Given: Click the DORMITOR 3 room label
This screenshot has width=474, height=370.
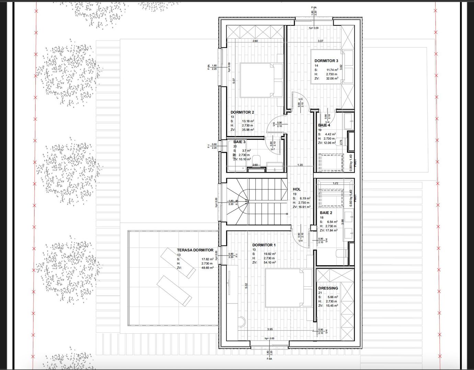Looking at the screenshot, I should pyautogui.click(x=326, y=61).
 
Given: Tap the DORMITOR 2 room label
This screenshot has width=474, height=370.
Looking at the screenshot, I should pyautogui.click(x=242, y=112).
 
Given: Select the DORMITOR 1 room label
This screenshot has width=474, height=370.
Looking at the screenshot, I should pyautogui.click(x=264, y=245).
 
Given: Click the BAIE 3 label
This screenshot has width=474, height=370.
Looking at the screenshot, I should pyautogui.click(x=239, y=142).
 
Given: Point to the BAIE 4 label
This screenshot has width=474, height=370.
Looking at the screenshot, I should pyautogui.click(x=324, y=125).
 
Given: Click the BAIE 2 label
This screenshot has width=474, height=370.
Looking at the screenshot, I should pyautogui.click(x=326, y=213).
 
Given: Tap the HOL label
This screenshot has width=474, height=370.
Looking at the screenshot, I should pyautogui.click(x=297, y=189).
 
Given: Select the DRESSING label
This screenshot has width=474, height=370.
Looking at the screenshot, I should pyautogui.click(x=328, y=288).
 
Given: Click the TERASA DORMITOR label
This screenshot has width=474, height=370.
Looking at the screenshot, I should pyautogui.click(x=195, y=250).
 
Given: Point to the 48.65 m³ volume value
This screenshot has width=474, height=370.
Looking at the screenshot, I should pyautogui.click(x=207, y=268).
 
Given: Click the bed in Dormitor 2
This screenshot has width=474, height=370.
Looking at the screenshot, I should pyautogui.click(x=261, y=79).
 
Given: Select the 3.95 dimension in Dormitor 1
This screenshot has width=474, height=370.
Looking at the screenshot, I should pyautogui.click(x=270, y=329).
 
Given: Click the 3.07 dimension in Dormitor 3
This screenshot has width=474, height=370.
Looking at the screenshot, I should pyautogui.click(x=320, y=41).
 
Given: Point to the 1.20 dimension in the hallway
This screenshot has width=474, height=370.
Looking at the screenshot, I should pyautogui.click(x=300, y=165).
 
